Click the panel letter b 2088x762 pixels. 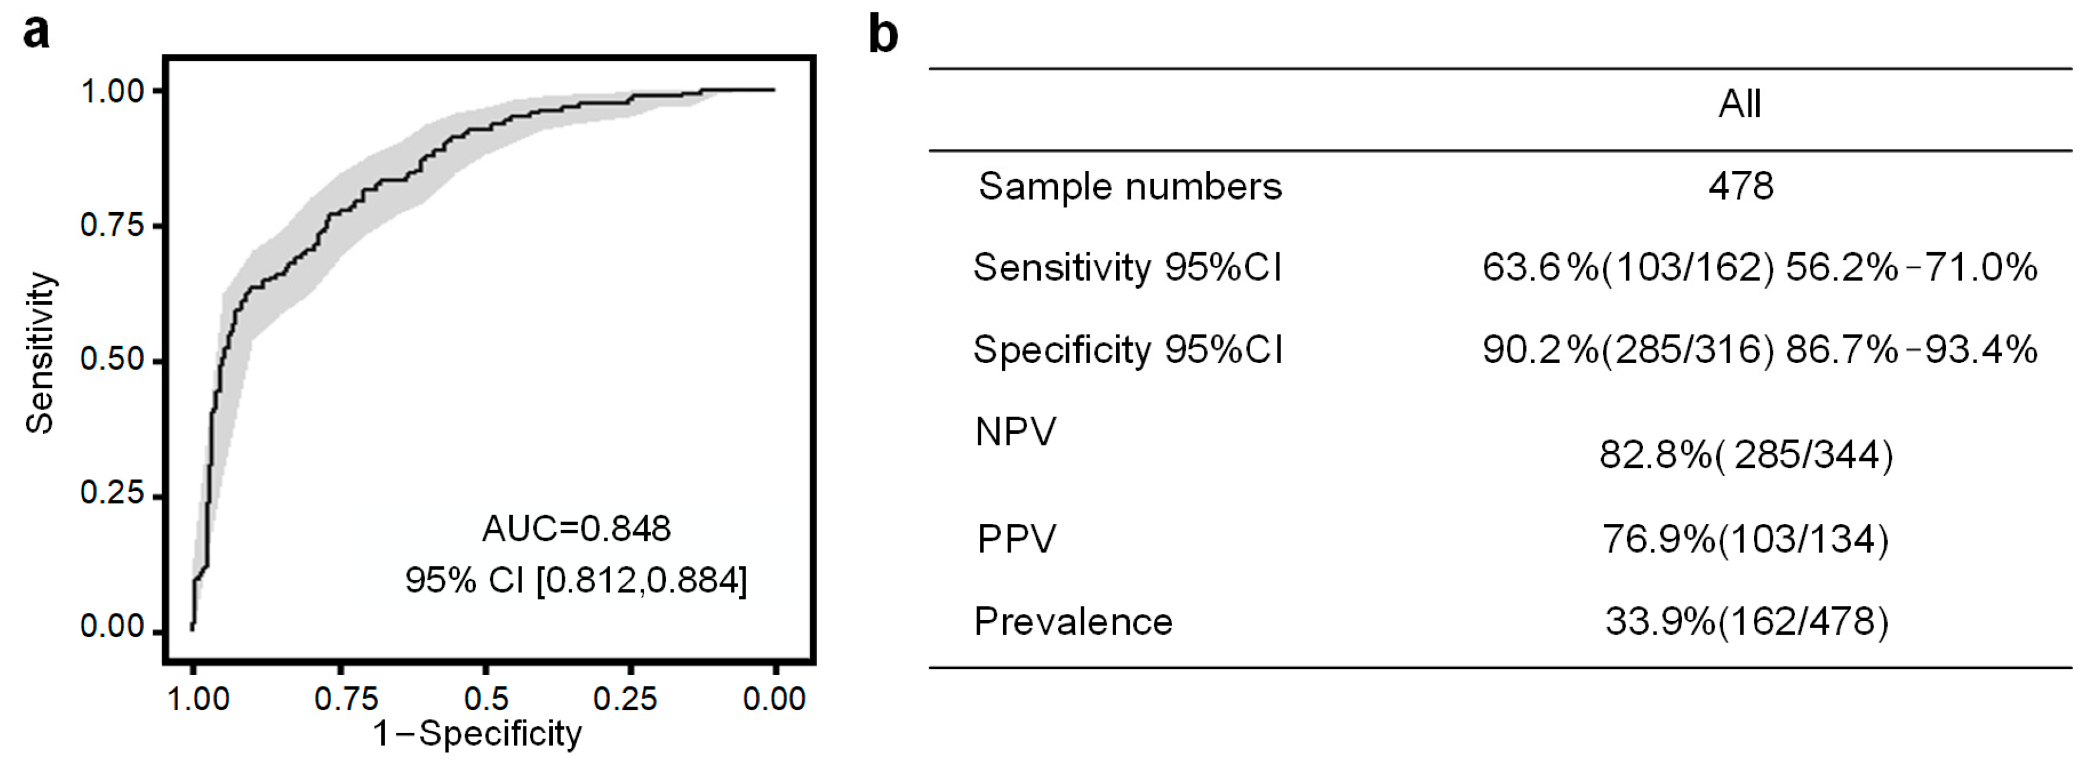pos(883,34)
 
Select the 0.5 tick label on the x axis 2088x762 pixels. pos(486,699)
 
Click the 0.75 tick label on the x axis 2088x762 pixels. pos(346,699)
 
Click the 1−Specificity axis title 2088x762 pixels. pos(477,734)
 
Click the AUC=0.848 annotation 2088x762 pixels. pos(576,529)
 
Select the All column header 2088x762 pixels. pos(1740,104)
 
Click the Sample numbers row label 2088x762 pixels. pos(1130,186)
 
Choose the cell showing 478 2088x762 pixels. pos(1740,186)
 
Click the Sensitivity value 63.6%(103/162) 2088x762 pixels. pos(1628,268)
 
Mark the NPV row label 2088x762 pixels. pos(1015,432)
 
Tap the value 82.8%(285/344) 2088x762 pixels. pos(1746,456)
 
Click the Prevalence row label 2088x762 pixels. pos(1073,622)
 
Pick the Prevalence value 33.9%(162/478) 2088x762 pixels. pos(1746,622)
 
